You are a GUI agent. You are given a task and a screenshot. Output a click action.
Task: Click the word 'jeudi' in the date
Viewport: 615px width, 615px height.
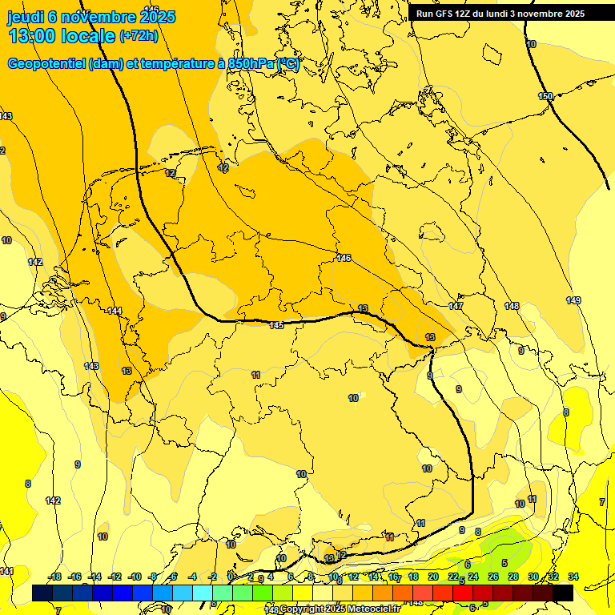pos(25,17)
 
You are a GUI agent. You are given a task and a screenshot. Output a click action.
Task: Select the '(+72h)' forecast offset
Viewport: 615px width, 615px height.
pos(139,36)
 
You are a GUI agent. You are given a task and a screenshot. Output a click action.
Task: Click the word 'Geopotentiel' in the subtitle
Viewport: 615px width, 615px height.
pos(46,64)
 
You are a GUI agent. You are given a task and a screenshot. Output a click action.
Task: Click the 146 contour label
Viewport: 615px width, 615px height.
pos(344,258)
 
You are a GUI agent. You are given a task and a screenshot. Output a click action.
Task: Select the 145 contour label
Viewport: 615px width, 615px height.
pos(276,325)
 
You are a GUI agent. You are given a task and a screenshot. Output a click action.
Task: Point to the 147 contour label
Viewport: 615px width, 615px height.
pos(456,307)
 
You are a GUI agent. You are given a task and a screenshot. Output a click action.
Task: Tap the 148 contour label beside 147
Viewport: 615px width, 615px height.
pos(512,306)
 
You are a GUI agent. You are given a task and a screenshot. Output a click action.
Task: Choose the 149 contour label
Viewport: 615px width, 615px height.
pos(573,300)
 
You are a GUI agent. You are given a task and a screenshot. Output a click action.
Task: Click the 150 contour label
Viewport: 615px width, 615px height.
pos(545,97)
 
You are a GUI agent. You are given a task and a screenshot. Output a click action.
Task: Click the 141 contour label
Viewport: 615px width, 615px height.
pos(6,571)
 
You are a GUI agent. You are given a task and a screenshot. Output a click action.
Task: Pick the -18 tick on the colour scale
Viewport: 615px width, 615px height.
pos(55,577)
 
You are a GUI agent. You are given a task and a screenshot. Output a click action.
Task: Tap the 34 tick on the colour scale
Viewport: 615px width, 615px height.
pos(573,577)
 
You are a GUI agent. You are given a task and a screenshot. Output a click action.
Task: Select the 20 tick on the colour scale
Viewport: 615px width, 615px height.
pos(433,577)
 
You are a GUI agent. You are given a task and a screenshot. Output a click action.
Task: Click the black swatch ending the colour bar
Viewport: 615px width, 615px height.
pos(563,593)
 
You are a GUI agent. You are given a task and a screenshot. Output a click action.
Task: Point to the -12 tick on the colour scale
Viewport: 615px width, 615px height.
pos(115,577)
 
